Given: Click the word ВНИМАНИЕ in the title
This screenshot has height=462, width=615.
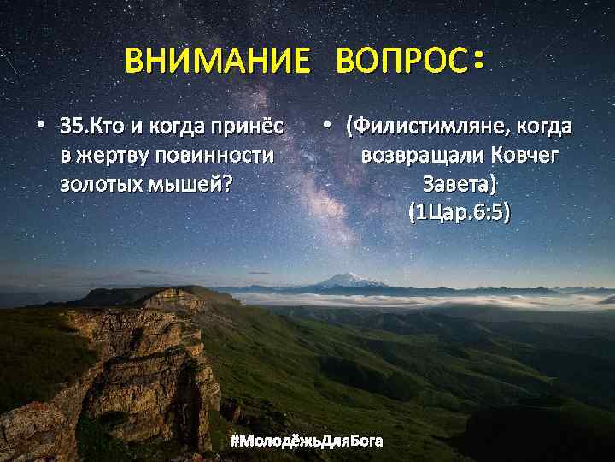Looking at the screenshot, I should (216, 61).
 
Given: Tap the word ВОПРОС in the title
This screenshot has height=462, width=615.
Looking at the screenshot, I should (401, 61).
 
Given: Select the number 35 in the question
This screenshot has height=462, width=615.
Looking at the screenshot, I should (72, 127).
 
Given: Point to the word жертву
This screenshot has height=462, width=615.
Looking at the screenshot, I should (108, 156).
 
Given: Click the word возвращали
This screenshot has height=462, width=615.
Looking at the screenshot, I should (419, 156).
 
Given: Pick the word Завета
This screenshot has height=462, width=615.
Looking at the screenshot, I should (458, 183).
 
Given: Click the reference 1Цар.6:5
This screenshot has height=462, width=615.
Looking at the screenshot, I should (459, 211).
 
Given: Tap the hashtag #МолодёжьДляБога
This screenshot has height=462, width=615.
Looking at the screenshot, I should (307, 441).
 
